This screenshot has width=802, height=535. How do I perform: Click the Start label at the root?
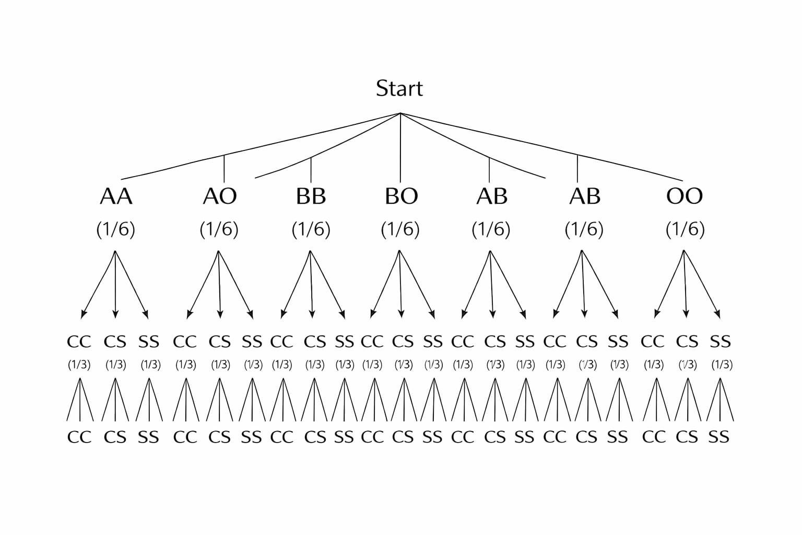(x=399, y=88)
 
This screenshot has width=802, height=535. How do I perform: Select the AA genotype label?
(x=116, y=196)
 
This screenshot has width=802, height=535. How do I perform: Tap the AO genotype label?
(x=220, y=196)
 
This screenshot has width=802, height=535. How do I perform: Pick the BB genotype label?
(x=311, y=196)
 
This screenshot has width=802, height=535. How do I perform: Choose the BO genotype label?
(x=401, y=196)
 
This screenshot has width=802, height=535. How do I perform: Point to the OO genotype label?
(x=685, y=196)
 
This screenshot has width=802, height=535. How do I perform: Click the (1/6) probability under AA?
(x=116, y=229)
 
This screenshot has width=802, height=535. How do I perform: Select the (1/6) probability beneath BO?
(x=400, y=229)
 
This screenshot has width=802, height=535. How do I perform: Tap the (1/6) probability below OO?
(x=685, y=229)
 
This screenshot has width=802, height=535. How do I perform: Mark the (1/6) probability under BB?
(x=311, y=229)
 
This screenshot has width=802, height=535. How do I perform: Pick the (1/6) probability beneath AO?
(x=219, y=229)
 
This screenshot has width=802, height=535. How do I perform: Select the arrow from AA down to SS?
(x=132, y=285)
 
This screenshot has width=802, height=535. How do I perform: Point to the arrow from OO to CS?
(x=685, y=285)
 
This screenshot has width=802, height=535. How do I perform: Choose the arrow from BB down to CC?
(x=296, y=285)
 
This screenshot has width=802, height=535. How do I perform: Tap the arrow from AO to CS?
(x=219, y=285)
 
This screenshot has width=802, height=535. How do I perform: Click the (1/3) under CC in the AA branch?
(x=79, y=365)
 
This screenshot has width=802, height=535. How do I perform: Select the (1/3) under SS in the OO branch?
(x=722, y=365)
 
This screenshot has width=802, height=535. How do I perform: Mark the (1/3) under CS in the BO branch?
(x=403, y=365)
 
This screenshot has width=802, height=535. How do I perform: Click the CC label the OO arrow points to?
(x=653, y=342)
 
